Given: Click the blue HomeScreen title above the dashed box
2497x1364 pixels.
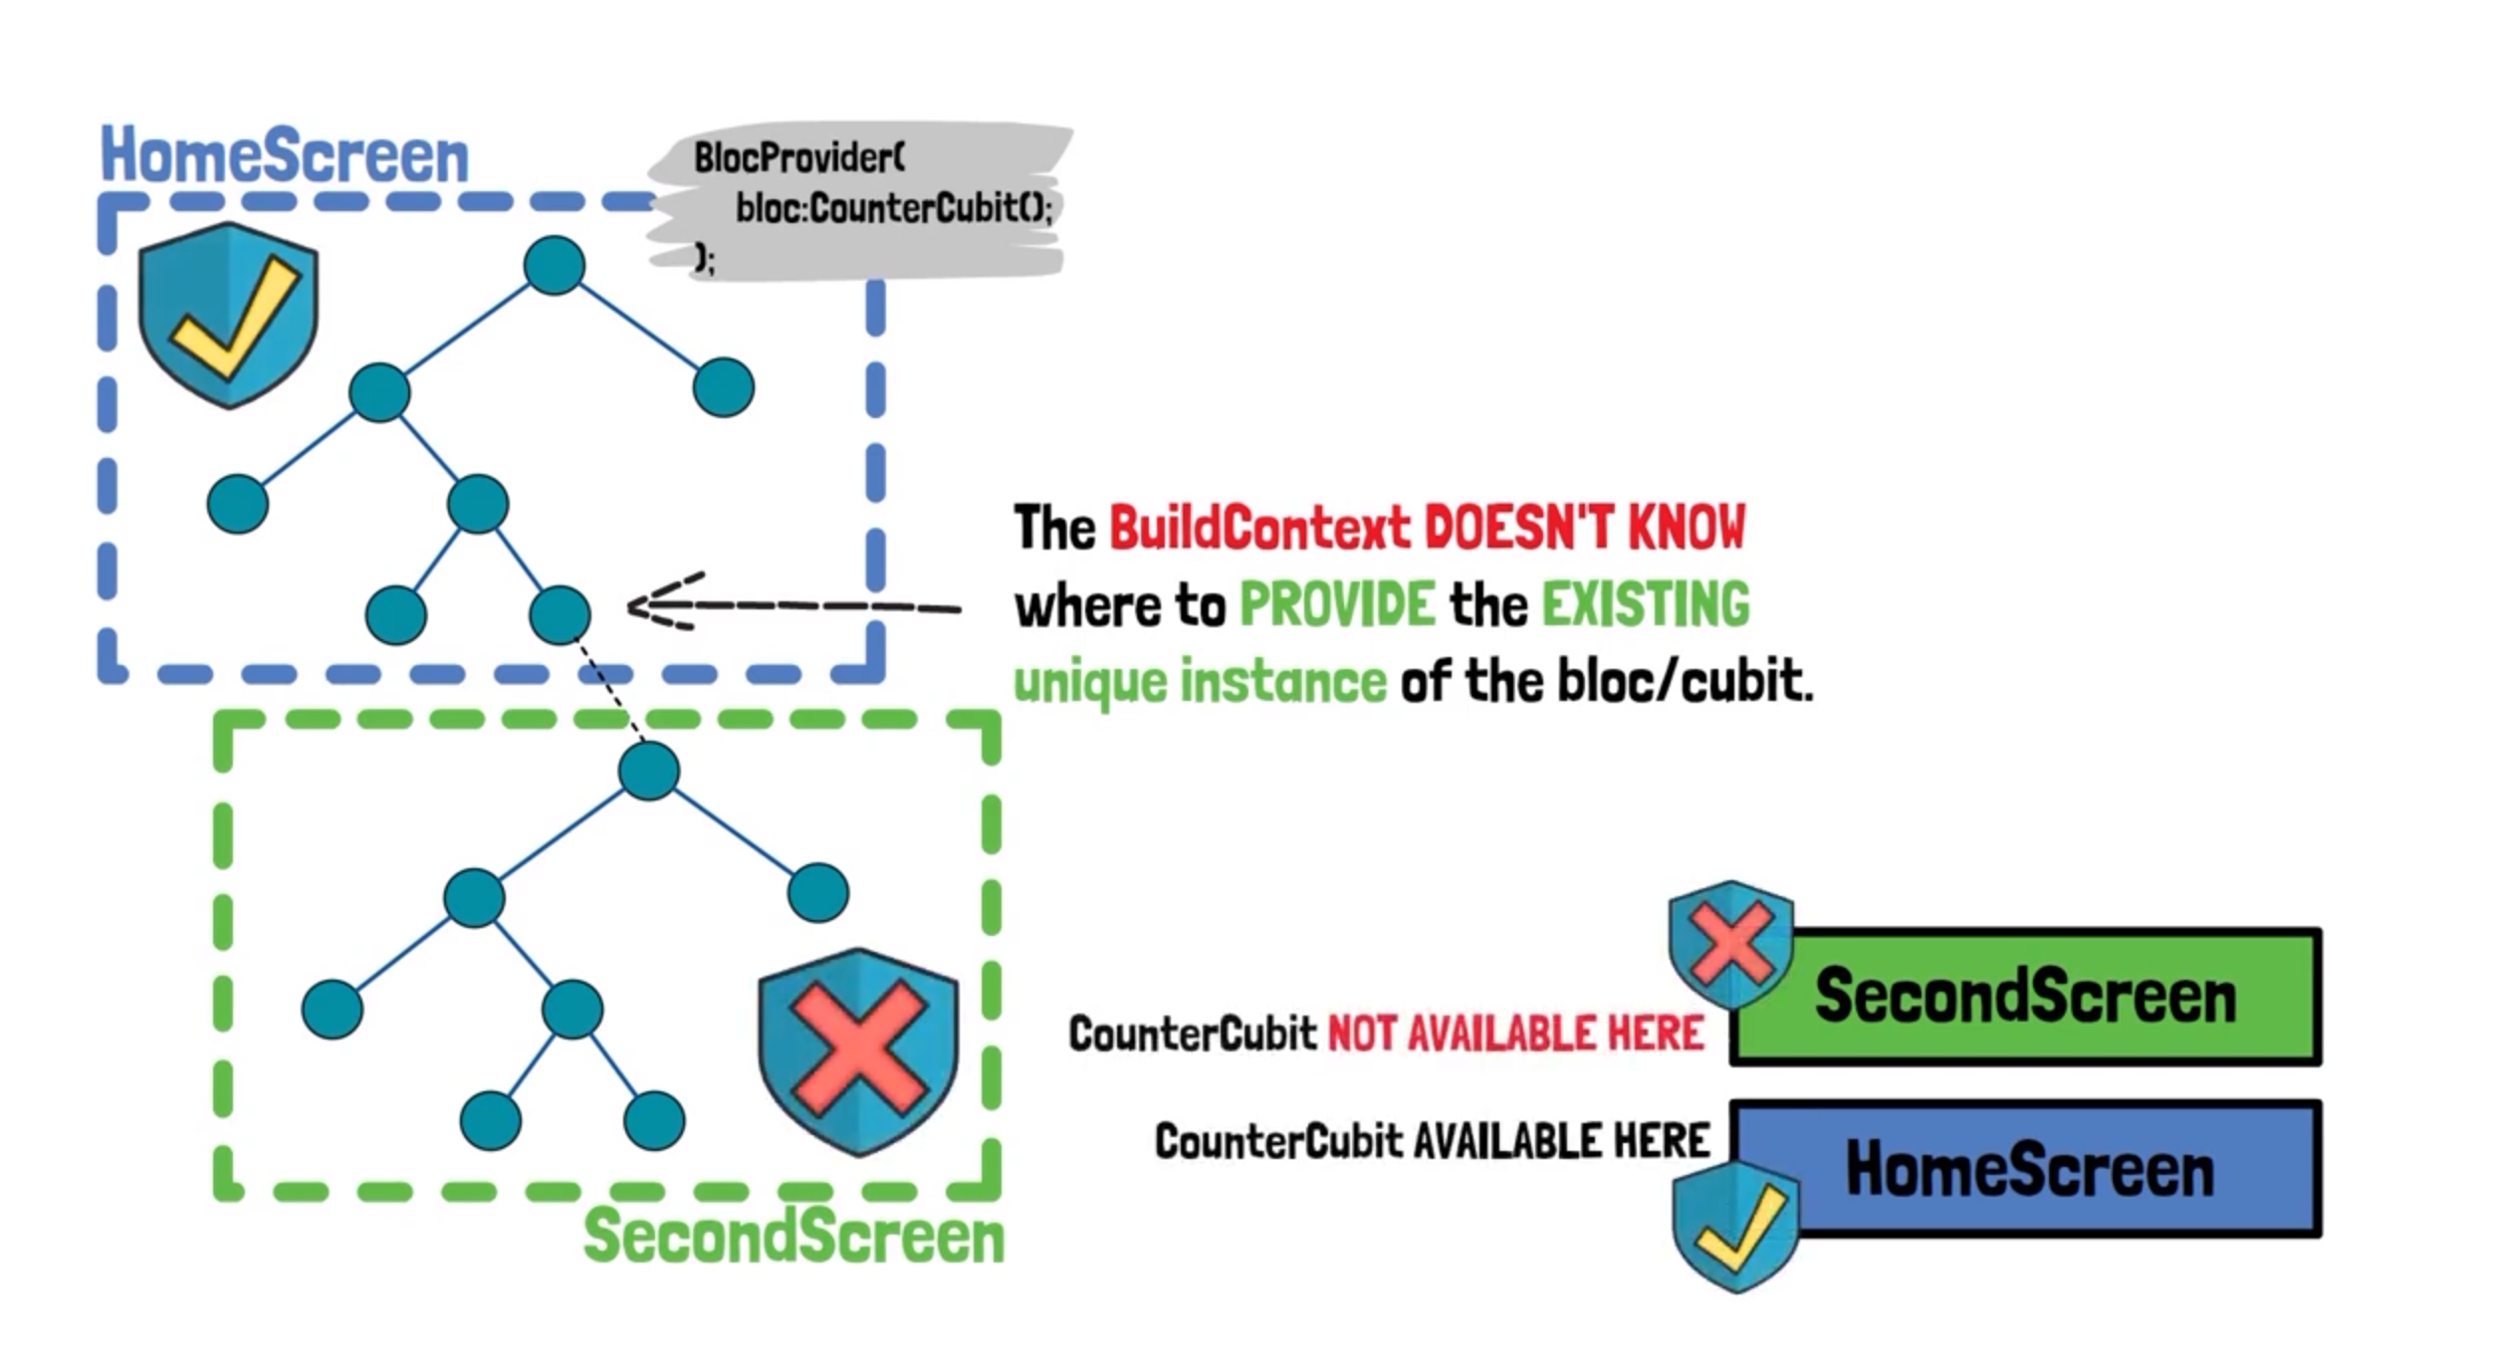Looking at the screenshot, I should tap(285, 156).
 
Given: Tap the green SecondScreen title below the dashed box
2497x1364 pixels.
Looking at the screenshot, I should tap(794, 1236).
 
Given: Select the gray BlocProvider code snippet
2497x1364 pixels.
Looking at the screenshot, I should tap(861, 204).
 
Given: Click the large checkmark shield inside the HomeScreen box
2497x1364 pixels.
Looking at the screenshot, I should tap(228, 315).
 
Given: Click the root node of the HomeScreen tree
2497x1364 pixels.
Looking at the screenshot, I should tap(554, 265).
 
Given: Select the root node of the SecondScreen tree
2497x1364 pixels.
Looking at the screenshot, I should tap(649, 771).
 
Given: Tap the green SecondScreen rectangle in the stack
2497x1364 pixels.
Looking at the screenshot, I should tap(2026, 997).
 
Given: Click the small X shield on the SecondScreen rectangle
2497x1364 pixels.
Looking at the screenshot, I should tap(1731, 943).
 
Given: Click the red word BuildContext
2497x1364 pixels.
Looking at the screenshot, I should tap(1259, 528).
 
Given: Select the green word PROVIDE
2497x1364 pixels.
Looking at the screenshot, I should tap(1337, 603).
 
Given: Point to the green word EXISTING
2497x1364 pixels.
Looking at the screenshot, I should tap(1645, 603).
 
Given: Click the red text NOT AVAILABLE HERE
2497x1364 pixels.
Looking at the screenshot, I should tap(1515, 1034).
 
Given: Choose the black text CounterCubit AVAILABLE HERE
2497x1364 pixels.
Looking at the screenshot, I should tap(1432, 1141).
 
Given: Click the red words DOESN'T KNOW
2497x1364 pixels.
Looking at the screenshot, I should tap(1584, 528).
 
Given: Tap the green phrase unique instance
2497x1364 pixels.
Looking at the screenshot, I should tap(1200, 683).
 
